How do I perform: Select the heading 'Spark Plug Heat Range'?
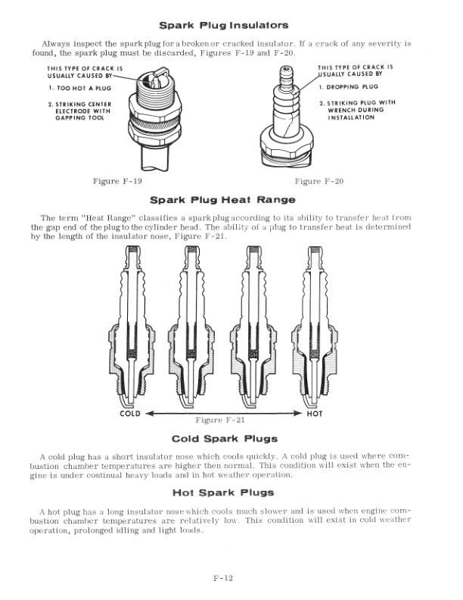pos(222,200)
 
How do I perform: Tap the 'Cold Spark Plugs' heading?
pos(225,439)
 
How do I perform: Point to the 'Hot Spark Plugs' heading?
pos(225,492)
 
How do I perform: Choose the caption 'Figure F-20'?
pos(319,181)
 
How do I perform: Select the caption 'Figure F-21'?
pos(220,419)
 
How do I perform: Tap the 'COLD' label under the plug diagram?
pos(130,414)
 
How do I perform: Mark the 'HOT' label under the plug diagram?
pos(315,414)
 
